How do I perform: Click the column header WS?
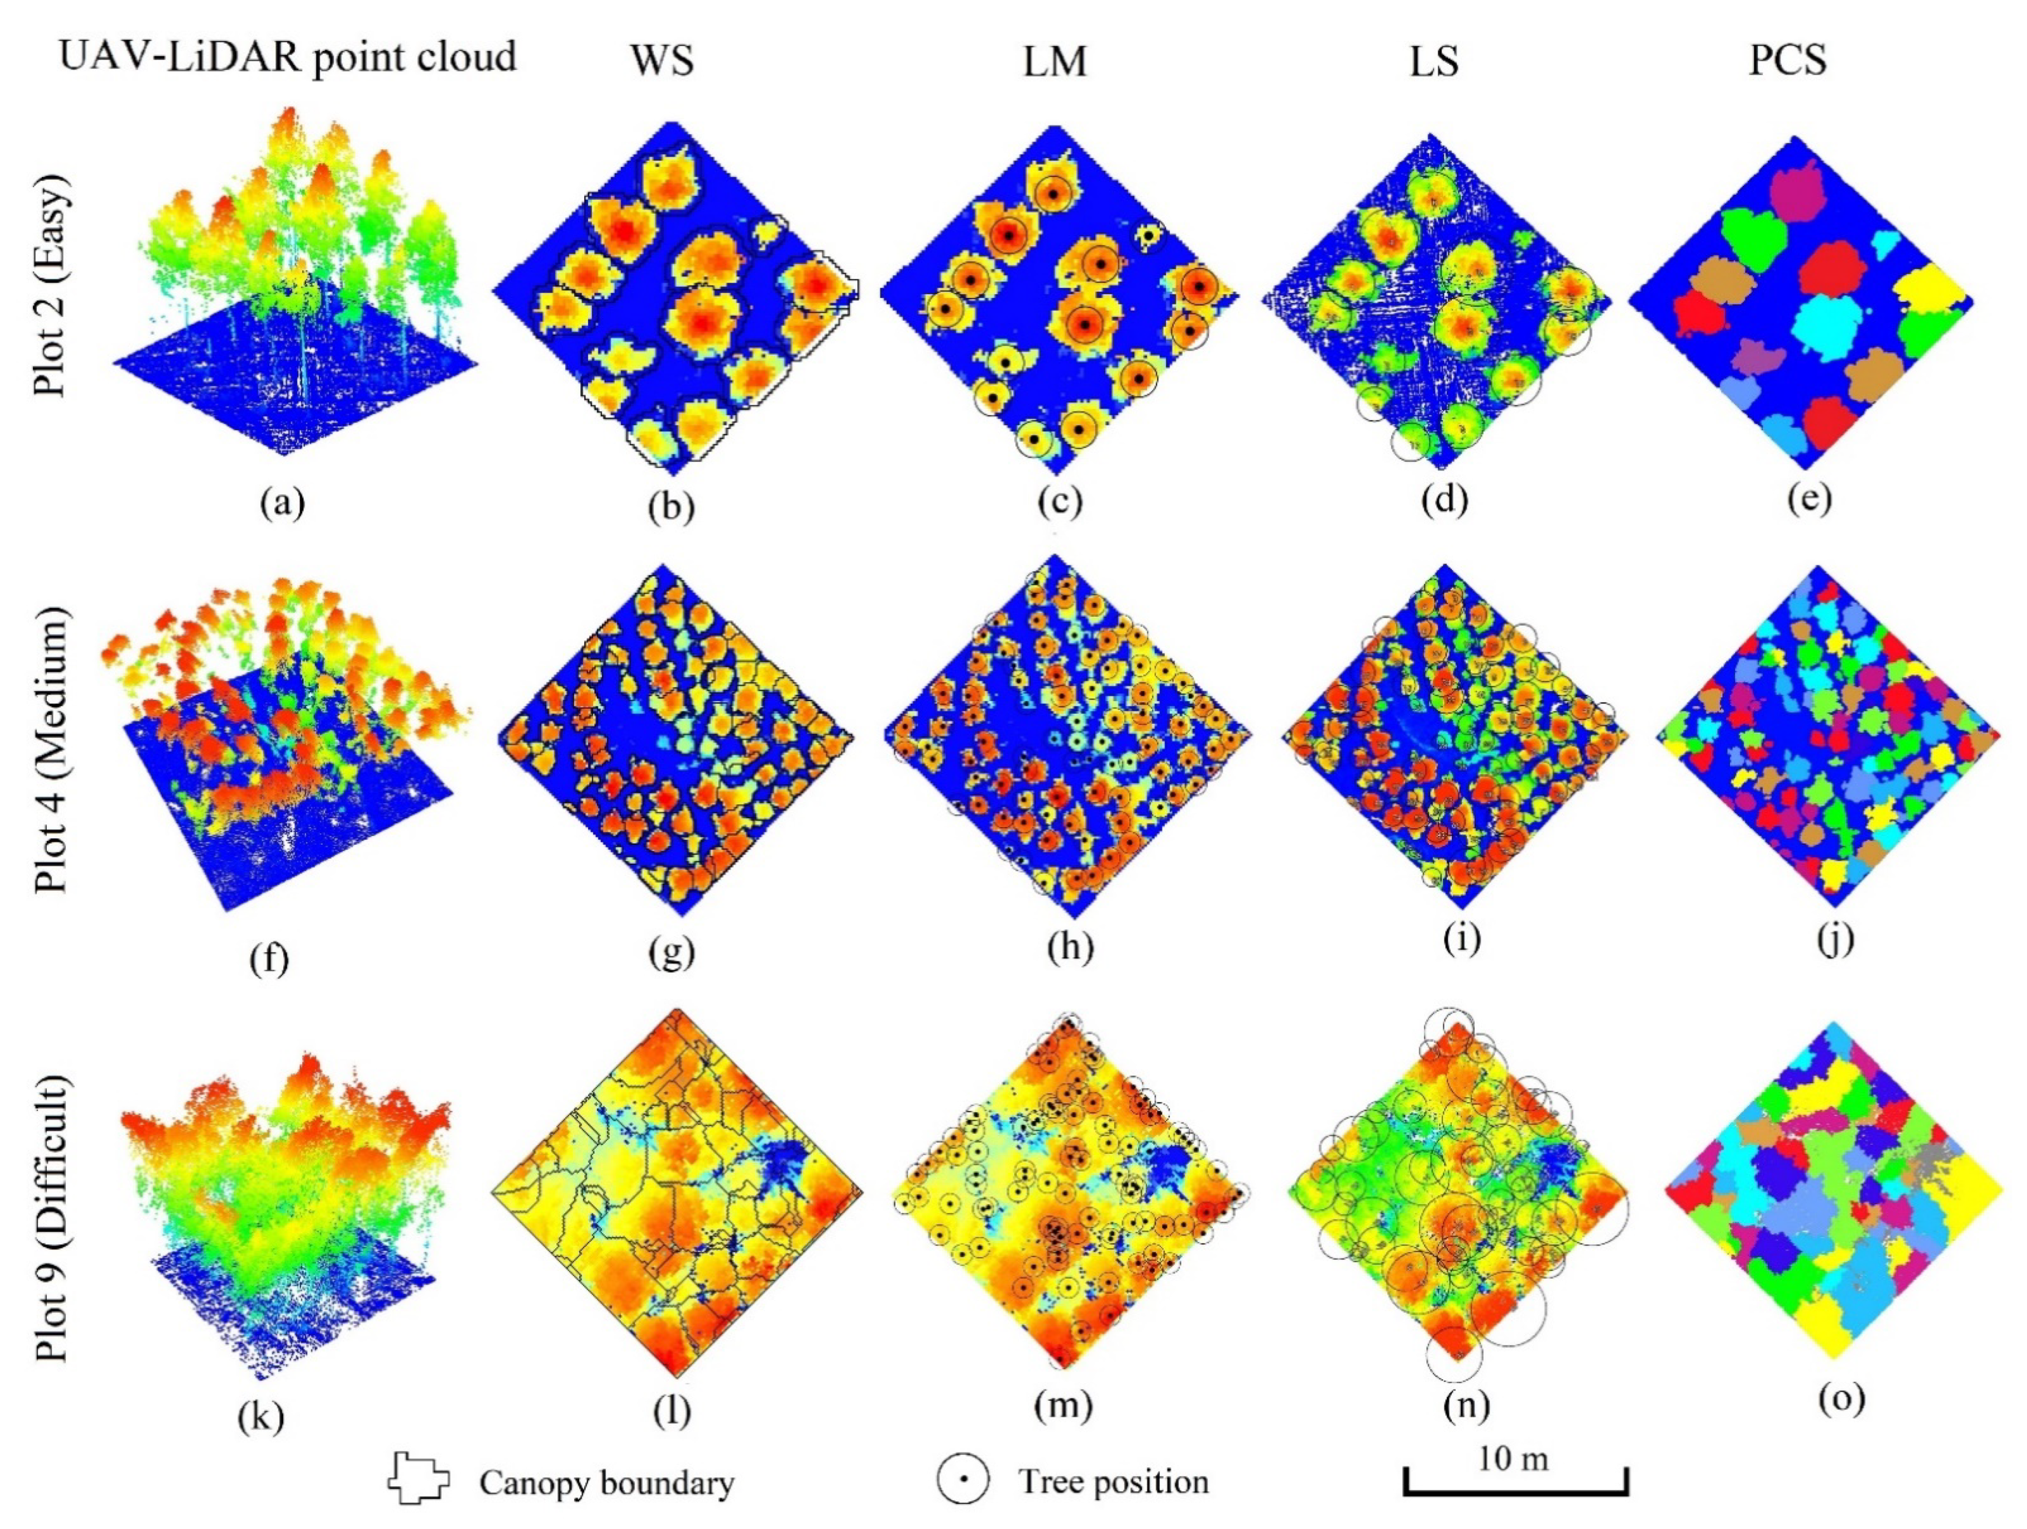tap(662, 60)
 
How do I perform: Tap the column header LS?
tap(1433, 60)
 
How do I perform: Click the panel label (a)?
tap(281, 502)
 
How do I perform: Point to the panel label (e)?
tap(1809, 499)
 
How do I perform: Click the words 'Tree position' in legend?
tap(1114, 1481)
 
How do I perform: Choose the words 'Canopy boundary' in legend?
tap(605, 1482)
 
